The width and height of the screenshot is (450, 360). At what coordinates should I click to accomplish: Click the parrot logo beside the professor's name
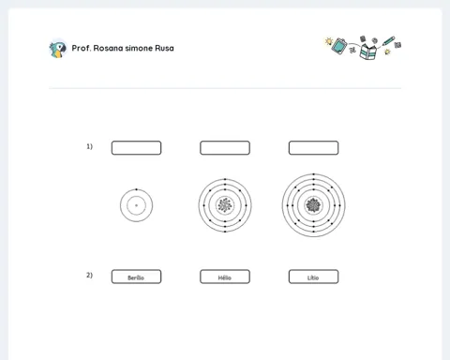(x=58, y=49)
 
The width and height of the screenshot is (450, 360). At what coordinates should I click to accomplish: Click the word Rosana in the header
(x=108, y=48)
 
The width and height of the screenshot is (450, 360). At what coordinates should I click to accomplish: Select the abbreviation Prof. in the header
(x=82, y=48)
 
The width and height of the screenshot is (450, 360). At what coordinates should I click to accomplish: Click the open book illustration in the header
(x=367, y=52)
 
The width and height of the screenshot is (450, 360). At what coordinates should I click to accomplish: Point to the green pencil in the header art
(x=388, y=41)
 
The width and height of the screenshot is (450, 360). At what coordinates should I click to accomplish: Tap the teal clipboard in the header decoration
(x=339, y=46)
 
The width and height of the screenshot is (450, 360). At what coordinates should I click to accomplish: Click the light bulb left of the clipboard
(x=329, y=41)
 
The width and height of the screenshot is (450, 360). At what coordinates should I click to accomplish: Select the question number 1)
(x=90, y=146)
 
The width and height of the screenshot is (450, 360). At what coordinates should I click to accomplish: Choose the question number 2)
(x=90, y=275)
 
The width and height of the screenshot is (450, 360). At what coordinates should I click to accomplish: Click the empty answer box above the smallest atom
(x=136, y=148)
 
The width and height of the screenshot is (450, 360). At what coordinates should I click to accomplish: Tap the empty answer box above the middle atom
(x=225, y=148)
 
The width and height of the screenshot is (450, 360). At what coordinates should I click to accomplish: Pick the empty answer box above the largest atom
(x=313, y=148)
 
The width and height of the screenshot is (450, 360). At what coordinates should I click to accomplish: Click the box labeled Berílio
(x=136, y=277)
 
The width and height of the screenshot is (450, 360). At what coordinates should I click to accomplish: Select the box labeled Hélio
(x=225, y=277)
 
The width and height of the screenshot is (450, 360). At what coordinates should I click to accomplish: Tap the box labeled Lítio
(x=313, y=277)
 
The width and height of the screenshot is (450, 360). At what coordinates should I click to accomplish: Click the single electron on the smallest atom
(x=136, y=189)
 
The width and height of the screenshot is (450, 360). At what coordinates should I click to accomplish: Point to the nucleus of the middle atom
(x=225, y=205)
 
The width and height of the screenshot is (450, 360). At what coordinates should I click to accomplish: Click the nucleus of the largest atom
(x=313, y=205)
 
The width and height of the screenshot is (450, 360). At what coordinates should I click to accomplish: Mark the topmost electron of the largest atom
(x=313, y=174)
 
